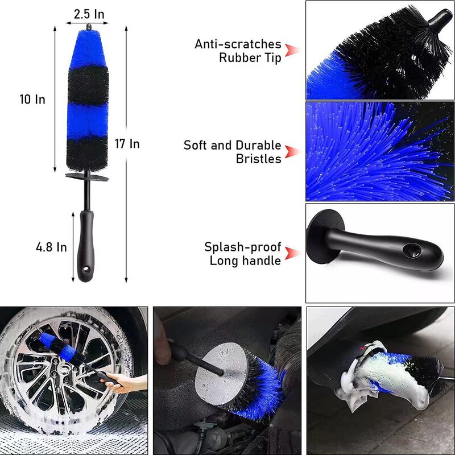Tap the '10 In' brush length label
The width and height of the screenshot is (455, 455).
[32, 100]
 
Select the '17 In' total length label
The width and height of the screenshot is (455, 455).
[127, 144]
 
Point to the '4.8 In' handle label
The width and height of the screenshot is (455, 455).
[51, 247]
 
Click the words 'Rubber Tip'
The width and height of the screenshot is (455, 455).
[250, 58]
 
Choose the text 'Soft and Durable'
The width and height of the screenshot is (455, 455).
[232, 146]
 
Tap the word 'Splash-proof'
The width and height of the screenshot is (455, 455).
[243, 247]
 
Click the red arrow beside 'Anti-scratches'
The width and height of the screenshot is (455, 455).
[292, 50]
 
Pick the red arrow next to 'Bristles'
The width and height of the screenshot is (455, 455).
[292, 152]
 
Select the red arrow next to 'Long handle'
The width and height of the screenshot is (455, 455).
[292, 254]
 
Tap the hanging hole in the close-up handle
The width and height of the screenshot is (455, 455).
[409, 249]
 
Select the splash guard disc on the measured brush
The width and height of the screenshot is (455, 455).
[86, 177]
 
